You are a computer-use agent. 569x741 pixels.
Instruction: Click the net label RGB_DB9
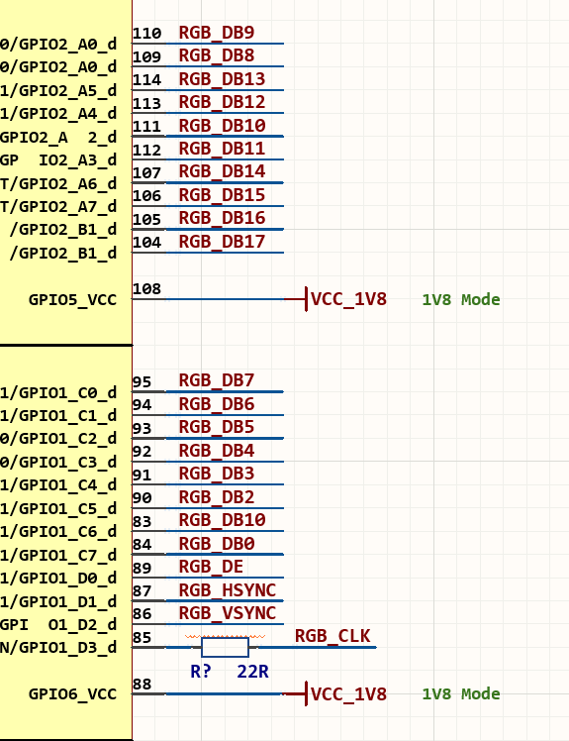[217, 32]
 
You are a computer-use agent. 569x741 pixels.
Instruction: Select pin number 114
[146, 79]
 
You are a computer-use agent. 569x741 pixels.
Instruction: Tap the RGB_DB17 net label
[222, 242]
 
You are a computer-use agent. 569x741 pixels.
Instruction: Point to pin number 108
[146, 288]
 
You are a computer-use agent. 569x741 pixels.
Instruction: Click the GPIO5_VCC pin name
[72, 300]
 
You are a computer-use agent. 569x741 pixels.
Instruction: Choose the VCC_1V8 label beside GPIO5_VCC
[348, 299]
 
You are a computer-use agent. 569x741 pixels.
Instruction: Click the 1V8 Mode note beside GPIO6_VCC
[461, 693]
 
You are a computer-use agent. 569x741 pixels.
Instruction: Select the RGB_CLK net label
[332, 636]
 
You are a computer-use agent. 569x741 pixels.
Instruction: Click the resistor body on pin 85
[225, 647]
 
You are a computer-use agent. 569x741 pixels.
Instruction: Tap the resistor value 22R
[252, 672]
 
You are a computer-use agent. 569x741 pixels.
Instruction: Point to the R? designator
[200, 672]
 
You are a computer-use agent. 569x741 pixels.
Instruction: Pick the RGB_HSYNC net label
[228, 590]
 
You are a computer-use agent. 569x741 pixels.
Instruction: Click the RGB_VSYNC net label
[228, 613]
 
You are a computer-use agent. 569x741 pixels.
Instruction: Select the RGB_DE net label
[211, 567]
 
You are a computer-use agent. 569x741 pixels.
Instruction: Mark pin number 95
[142, 381]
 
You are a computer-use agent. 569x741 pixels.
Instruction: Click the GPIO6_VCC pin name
[72, 694]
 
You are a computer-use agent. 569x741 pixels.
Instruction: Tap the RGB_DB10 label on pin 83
[222, 520]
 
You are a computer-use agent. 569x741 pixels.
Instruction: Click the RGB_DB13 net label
[222, 79]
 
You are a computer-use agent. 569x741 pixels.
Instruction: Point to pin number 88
[142, 684]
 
